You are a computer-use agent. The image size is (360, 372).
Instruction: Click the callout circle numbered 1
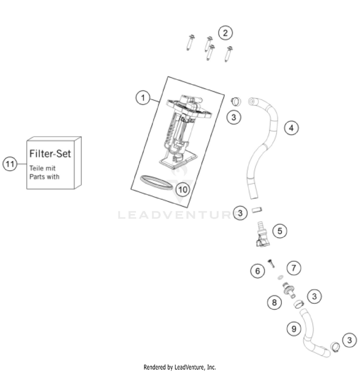click(142, 98)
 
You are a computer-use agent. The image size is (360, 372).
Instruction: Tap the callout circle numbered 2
click(225, 33)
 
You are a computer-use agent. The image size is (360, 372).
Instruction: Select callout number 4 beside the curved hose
click(291, 128)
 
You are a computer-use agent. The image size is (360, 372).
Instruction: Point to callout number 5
click(280, 230)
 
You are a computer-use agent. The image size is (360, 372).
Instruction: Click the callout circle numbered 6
click(257, 271)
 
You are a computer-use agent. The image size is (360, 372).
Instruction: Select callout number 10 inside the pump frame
click(168, 189)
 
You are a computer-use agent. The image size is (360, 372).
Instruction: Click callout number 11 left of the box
click(10, 163)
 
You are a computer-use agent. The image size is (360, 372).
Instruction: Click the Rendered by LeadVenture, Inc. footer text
click(180, 367)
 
